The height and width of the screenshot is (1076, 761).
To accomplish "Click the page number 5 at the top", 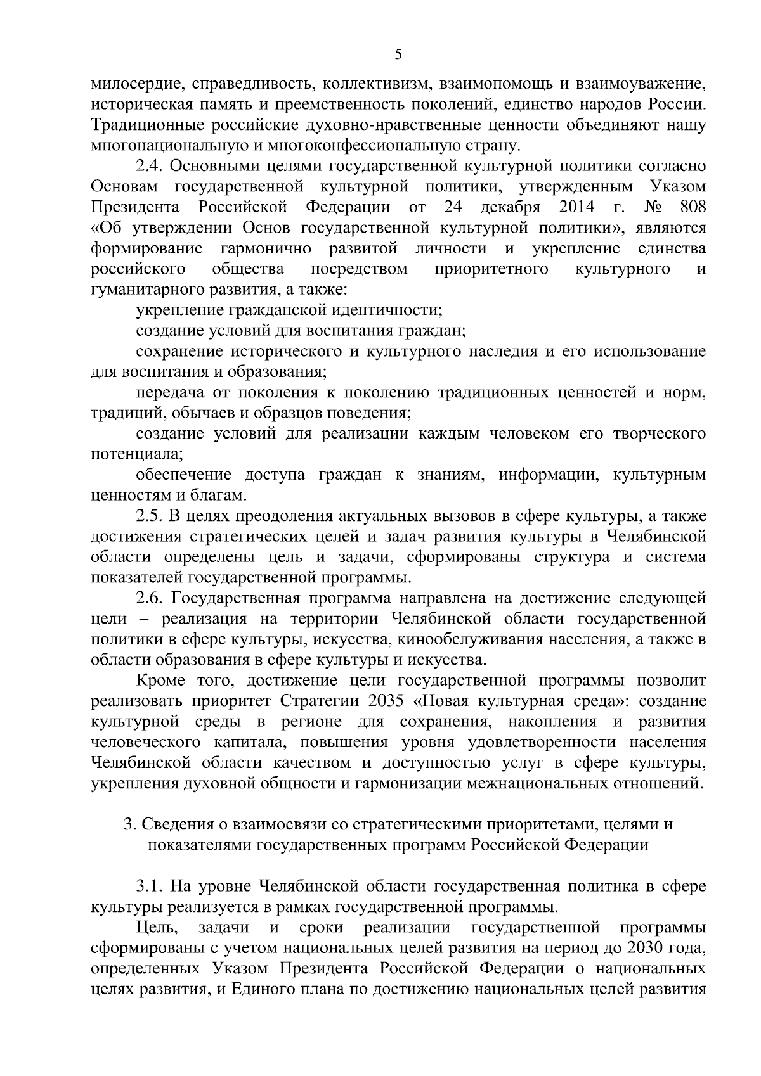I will point(398,54).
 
